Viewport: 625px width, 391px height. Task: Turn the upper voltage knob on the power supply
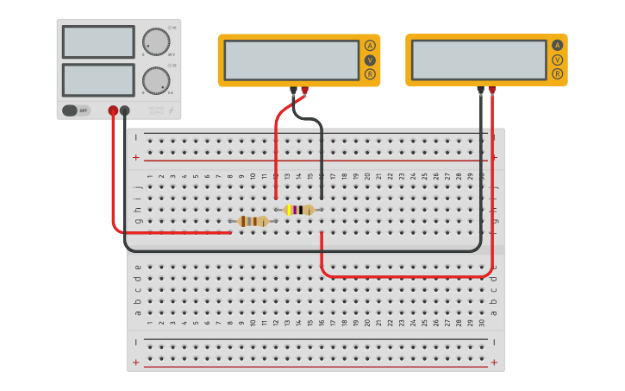[156, 41]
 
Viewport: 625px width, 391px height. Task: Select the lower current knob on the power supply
[156, 80]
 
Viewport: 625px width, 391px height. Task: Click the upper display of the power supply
[98, 41]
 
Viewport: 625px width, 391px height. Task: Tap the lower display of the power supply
[98, 80]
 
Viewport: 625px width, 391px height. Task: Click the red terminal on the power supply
[113, 110]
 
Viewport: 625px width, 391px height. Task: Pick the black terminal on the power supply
[125, 110]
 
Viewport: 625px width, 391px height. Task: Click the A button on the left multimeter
[370, 46]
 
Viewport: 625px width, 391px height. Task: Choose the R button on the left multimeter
[370, 74]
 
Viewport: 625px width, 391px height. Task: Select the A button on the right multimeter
[557, 46]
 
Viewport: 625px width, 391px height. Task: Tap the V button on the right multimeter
[557, 60]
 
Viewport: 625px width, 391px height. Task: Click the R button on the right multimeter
[557, 74]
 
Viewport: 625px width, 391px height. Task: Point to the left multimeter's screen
[291, 60]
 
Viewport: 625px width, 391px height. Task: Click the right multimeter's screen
[478, 60]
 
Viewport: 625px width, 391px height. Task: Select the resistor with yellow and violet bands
[298, 210]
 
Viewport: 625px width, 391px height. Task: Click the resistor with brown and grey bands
[253, 221]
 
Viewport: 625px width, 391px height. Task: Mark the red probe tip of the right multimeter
[492, 89]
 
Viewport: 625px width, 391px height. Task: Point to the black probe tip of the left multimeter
[293, 89]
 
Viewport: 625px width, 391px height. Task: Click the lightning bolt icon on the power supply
[171, 110]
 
